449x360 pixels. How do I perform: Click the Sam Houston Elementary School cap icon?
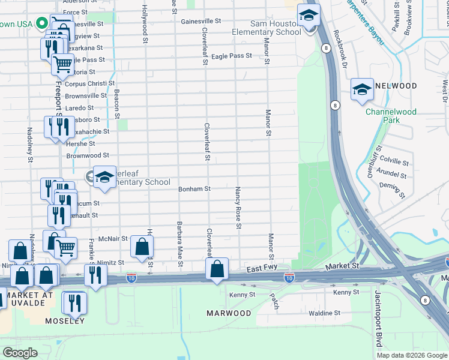[309, 16]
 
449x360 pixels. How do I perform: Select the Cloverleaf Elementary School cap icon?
[104, 176]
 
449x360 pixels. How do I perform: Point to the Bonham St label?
[194, 189]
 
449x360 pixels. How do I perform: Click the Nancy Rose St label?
[238, 207]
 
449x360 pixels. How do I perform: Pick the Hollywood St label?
[145, 24]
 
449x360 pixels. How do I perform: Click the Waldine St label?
[324, 313]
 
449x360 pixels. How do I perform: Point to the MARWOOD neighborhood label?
[229, 313]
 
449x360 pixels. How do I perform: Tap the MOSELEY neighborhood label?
[64, 321]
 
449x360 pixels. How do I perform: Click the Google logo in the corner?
[20, 352]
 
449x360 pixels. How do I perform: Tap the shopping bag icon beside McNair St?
[142, 245]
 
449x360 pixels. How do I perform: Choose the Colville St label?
[394, 162]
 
